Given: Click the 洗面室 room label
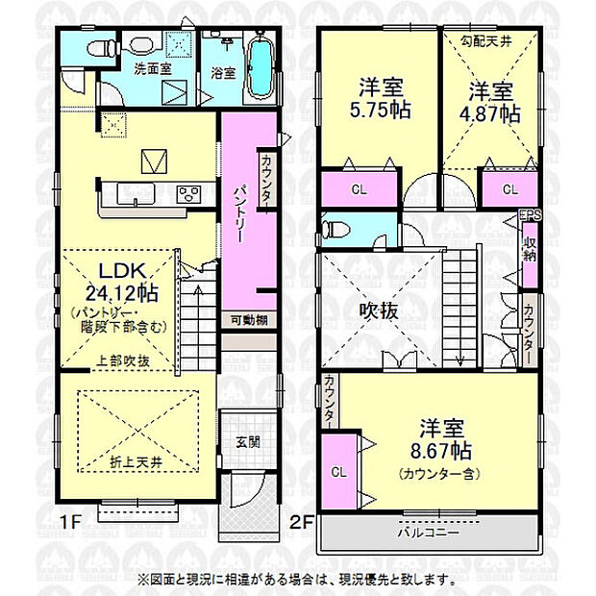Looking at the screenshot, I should pyautogui.click(x=151, y=69).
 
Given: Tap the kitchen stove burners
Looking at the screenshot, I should pyautogui.click(x=188, y=193).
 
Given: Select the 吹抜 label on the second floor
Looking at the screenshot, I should pyautogui.click(x=375, y=312).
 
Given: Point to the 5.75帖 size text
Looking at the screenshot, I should pyautogui.click(x=379, y=110).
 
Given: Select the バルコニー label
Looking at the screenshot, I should pyautogui.click(x=429, y=532).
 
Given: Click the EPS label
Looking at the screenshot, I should pyautogui.click(x=529, y=215).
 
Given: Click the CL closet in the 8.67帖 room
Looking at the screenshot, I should pyautogui.click(x=337, y=472).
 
